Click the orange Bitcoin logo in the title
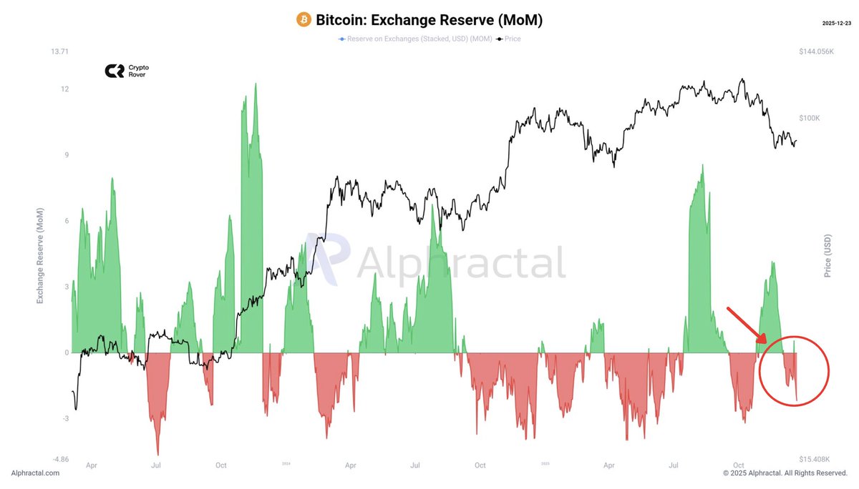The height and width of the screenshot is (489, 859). click(304, 20)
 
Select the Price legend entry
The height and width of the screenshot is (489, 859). click(510, 39)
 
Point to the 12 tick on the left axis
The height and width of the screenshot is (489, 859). click(65, 89)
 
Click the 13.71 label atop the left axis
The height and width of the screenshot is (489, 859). click(60, 51)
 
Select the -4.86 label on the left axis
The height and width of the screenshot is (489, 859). click(60, 459)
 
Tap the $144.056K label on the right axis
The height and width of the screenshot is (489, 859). click(816, 51)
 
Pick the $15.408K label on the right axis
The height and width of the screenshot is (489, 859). click(815, 459)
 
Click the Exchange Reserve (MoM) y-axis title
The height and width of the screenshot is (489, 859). click(40, 256)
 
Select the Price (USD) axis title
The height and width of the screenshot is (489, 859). click(828, 256)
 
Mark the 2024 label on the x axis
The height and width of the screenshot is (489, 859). click(286, 464)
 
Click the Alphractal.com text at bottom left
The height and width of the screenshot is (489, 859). click(35, 473)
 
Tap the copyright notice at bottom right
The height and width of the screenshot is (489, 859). click(785, 473)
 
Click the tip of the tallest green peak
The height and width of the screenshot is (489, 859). click(255, 84)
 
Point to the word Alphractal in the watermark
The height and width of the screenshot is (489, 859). click(461, 263)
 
